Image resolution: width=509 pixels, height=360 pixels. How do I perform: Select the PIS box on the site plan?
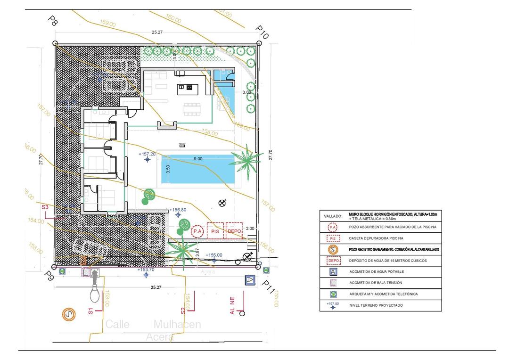(215, 231)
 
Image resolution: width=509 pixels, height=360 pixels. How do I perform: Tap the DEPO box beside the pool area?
(234, 231)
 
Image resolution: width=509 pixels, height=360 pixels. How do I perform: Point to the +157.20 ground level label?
(147, 154)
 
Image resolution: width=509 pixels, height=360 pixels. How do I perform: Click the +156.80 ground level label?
(178, 210)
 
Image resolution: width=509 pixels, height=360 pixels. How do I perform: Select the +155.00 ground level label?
(213, 255)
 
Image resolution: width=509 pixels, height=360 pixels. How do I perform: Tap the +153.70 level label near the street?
(146, 270)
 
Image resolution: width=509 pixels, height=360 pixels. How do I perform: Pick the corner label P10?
(262, 32)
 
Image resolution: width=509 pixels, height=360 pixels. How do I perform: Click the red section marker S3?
(45, 207)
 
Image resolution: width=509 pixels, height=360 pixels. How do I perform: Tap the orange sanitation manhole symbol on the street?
(70, 314)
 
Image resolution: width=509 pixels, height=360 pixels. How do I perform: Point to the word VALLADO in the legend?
(333, 216)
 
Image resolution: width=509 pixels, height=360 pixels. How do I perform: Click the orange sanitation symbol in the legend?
(333, 249)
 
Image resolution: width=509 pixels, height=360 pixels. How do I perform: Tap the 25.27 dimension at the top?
(157, 33)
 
